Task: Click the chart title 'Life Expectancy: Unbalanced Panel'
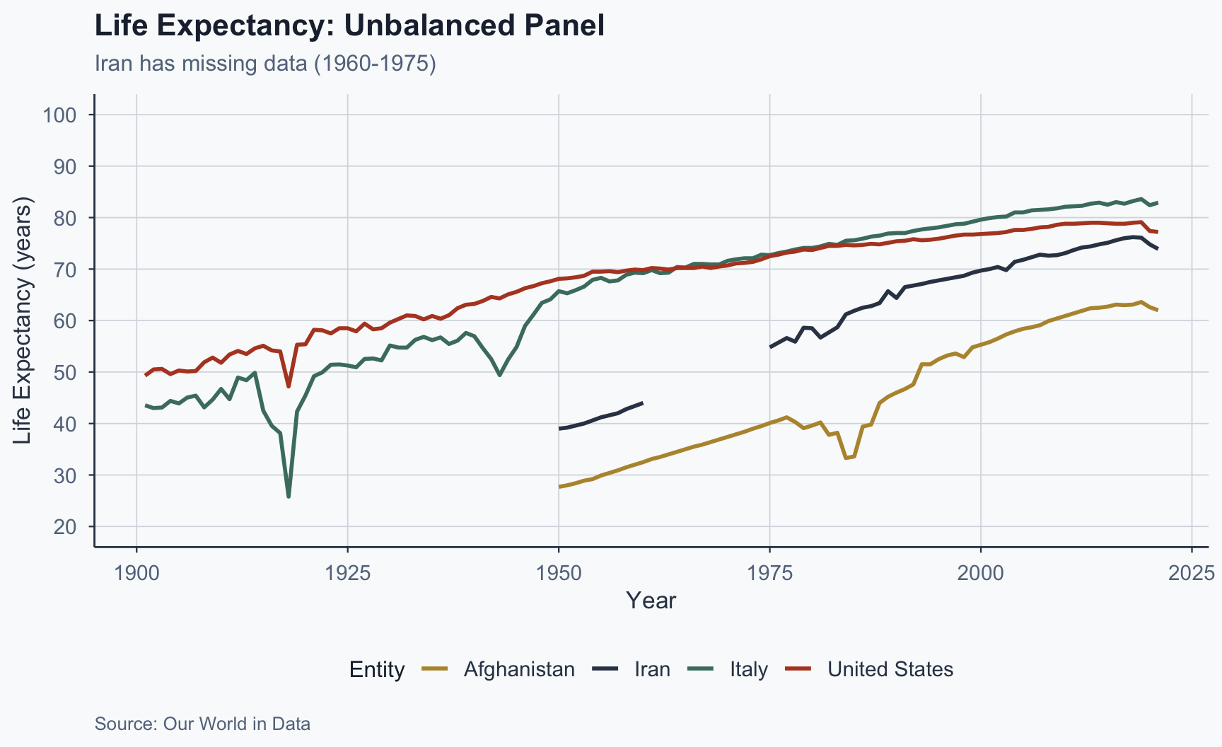(x=349, y=26)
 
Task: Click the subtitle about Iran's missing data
(x=265, y=64)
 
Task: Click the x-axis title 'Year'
(x=651, y=601)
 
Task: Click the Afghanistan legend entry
(x=519, y=669)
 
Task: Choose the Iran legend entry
(x=652, y=669)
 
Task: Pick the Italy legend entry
(x=749, y=669)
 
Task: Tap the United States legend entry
(x=890, y=669)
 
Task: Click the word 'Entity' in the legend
(x=377, y=669)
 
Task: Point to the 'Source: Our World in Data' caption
(x=202, y=724)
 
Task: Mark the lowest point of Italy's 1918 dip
(x=289, y=497)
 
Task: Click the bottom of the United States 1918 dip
(x=289, y=386)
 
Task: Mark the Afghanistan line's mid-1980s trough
(x=846, y=458)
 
